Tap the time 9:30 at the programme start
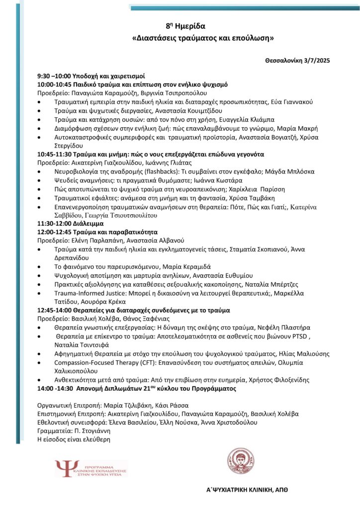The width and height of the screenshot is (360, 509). [45, 77]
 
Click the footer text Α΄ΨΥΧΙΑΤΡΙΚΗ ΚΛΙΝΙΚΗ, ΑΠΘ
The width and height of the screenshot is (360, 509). [247, 490]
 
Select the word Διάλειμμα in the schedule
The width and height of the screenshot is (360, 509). [84, 224]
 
